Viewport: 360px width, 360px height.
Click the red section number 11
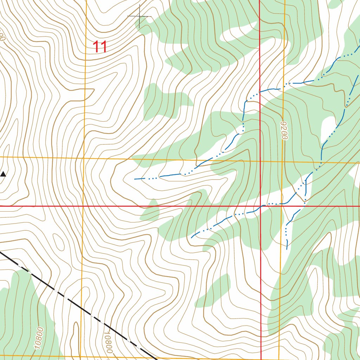coord(100,47)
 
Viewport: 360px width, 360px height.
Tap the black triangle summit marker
coord(3,174)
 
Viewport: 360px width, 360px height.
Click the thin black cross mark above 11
coord(139,16)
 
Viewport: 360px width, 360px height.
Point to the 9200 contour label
coord(284,130)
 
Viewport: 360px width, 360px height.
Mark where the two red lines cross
coord(260,206)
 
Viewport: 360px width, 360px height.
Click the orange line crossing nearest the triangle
coord(84,158)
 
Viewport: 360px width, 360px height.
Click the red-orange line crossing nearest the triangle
coord(83,206)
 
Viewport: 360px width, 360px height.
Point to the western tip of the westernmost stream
coord(135,179)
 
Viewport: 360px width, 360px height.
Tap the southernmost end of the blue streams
coord(287,249)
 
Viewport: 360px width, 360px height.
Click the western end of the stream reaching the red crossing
coord(191,238)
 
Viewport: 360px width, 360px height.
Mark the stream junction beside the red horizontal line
coord(304,201)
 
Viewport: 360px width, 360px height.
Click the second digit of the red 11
coord(104,47)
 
